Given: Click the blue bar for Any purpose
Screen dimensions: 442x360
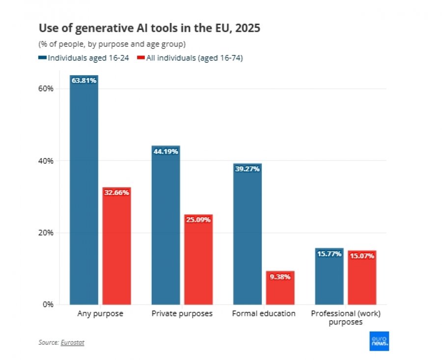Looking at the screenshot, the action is [x=84, y=190].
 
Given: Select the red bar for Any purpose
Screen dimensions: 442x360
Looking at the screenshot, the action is [x=117, y=246].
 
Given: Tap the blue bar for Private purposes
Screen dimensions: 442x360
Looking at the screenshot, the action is [x=166, y=225].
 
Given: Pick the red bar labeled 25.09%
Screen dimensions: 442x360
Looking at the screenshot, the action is [x=198, y=259].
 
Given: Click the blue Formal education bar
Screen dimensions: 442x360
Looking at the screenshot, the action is [x=248, y=234].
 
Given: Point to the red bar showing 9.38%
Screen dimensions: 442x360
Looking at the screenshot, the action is [x=280, y=288].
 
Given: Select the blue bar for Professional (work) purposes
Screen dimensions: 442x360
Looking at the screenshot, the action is [x=329, y=277].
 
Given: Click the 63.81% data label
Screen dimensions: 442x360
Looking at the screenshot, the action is [x=84, y=81].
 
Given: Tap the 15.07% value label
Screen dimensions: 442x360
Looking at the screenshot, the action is [x=362, y=256].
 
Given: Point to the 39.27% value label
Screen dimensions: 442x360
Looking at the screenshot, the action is [x=248, y=169].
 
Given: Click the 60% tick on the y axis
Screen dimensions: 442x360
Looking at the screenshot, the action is [x=46, y=89].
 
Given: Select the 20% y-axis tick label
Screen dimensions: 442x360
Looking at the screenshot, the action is [x=46, y=233].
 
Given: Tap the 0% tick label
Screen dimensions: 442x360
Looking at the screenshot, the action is [x=48, y=305].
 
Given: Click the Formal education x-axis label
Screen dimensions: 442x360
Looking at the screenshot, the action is [x=264, y=313].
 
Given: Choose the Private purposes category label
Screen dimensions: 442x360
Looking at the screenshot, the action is [x=182, y=314].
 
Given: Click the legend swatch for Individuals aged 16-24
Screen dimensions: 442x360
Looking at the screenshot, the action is [x=42, y=58].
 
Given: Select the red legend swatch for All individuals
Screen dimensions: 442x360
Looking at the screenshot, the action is [x=141, y=58].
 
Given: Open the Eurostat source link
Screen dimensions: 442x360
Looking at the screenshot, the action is [x=73, y=342].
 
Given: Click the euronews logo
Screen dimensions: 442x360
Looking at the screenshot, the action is [x=379, y=341].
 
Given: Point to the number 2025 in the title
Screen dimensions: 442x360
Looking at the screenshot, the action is [x=248, y=28].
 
